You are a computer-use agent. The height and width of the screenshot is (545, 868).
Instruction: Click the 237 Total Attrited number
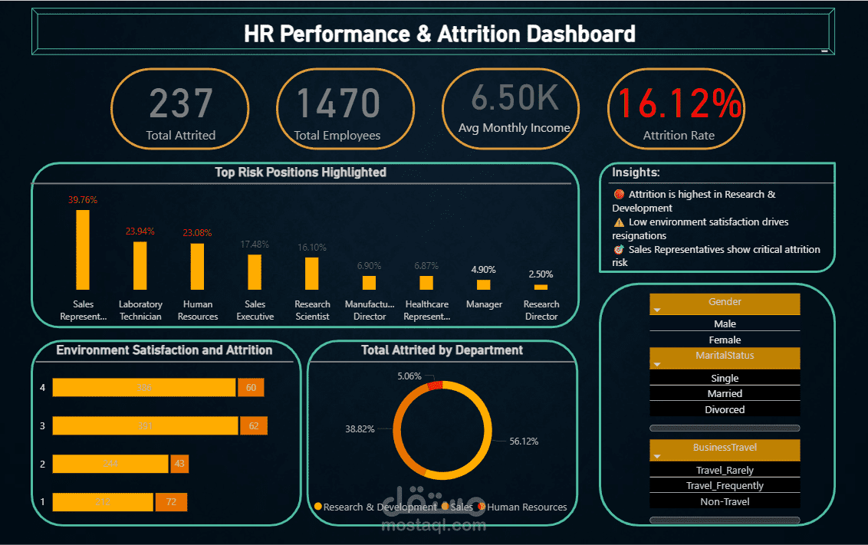(180, 103)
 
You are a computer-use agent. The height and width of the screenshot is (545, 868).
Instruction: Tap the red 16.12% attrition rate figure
(680, 103)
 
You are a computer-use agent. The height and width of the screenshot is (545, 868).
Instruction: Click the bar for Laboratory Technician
(140, 265)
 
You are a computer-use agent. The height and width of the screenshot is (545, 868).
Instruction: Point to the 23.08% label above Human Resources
(197, 233)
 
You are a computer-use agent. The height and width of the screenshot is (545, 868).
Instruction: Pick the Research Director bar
(541, 287)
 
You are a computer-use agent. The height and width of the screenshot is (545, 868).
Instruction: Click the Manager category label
(484, 304)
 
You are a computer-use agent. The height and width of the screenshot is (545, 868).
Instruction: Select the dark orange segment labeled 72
(171, 502)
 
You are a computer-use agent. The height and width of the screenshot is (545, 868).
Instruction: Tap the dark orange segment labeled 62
(254, 425)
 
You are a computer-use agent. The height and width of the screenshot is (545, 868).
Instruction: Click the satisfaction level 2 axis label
(42, 464)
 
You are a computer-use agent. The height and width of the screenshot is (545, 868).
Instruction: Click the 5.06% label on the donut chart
(409, 376)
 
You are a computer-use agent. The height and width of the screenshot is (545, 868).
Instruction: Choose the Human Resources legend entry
(526, 507)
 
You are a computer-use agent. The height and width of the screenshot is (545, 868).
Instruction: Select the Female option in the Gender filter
(725, 340)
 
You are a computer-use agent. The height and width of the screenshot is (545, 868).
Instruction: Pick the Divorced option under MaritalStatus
(725, 409)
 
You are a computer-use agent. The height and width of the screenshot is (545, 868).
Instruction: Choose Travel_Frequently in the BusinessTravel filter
(725, 485)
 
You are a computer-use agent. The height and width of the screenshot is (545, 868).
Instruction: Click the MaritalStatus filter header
(725, 356)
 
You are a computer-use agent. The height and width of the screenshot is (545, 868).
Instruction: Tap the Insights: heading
(636, 172)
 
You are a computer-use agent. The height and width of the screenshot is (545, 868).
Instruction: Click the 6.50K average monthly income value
(514, 97)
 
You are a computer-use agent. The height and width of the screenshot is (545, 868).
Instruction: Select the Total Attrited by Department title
(442, 350)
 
